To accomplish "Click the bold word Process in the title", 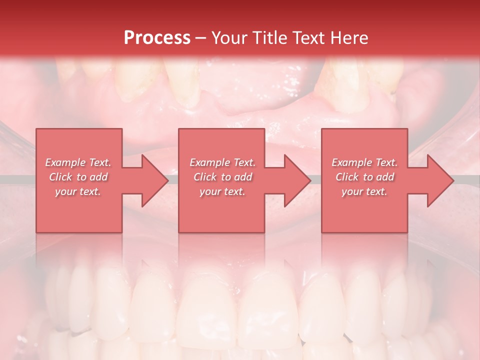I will point(157,38).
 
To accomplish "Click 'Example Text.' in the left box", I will point(78,162).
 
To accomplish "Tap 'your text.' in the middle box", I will point(222,191).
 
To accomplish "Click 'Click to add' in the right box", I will point(364,177).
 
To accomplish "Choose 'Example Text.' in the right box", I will point(364,162).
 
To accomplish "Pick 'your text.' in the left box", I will point(78,191).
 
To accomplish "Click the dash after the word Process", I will point(201,38).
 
